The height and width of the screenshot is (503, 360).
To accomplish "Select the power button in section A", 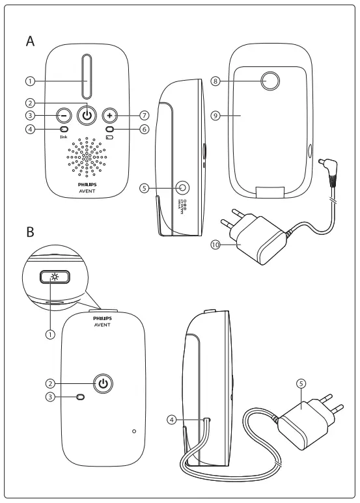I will point(86,115).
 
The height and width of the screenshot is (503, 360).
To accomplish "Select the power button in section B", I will point(102,383).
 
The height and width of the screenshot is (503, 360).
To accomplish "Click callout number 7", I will point(144,115).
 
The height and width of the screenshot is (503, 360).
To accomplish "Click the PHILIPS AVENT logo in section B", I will point(102,321).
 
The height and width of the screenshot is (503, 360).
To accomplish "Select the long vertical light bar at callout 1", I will point(86,76).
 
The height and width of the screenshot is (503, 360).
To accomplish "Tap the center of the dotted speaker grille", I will point(86,157).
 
